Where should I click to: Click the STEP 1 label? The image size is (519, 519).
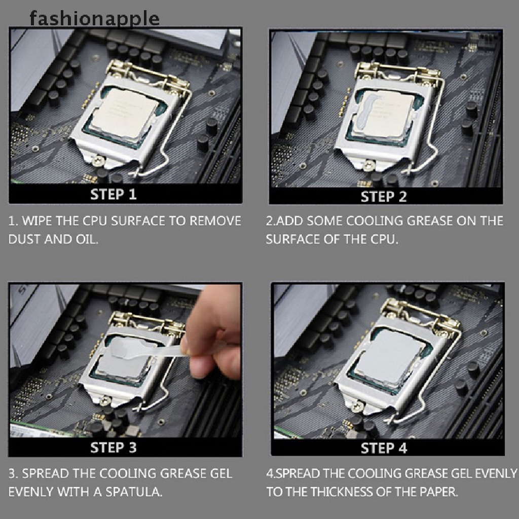coord(114,194)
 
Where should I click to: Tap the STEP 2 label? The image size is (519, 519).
coord(384,197)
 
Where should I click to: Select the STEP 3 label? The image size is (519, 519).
coord(114,448)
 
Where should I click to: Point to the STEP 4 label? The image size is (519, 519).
coord(384,448)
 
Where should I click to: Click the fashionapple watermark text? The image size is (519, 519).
coord(94,19)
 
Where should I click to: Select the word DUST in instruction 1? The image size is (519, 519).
coord(25,239)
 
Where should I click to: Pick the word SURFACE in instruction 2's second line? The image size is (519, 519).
coord(292,239)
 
